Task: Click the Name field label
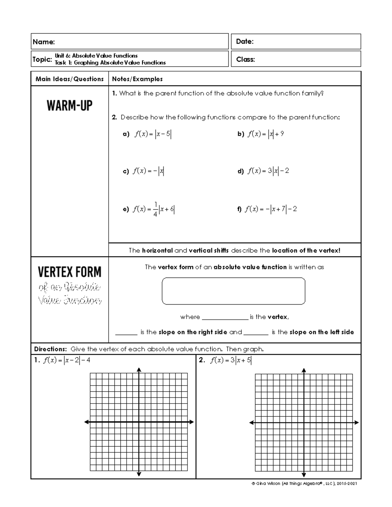point(43,42)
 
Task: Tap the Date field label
point(245,41)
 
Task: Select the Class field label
point(245,59)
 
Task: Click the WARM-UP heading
point(70,105)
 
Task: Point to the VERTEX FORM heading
point(70,272)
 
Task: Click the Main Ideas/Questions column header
point(70,79)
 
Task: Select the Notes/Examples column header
point(137,79)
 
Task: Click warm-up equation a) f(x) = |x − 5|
point(152,134)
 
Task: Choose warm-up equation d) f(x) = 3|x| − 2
point(268,171)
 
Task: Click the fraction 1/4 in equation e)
point(155,210)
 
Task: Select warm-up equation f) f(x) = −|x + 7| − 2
point(271,209)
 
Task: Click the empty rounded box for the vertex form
point(233,291)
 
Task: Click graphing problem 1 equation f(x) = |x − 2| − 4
point(66,360)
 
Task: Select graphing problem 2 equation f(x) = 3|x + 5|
point(231,360)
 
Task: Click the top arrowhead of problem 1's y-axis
point(139,370)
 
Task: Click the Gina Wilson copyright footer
point(304,483)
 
